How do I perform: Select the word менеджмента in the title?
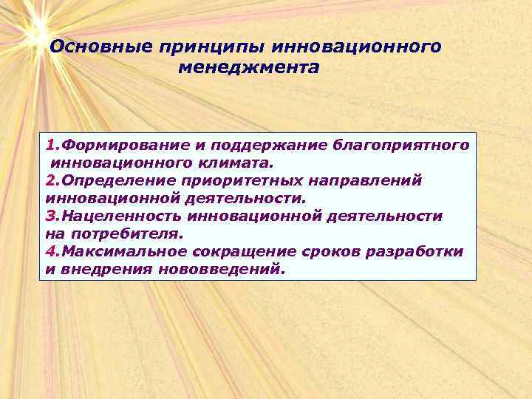pyautogui.click(x=249, y=67)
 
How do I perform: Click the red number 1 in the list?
pyautogui.click(x=50, y=143)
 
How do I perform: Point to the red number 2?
pyautogui.click(x=50, y=180)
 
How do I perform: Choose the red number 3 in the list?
pyautogui.click(x=50, y=215)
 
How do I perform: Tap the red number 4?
pyautogui.click(x=50, y=251)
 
